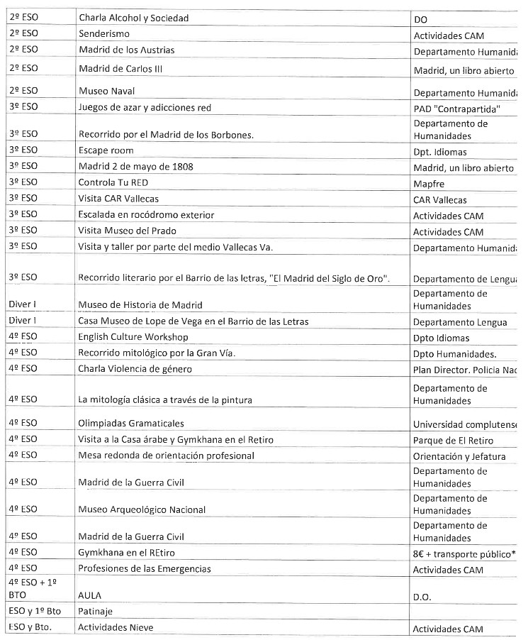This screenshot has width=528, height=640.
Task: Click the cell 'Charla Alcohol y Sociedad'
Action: pos(134,18)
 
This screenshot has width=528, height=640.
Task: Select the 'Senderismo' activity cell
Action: pos(104,34)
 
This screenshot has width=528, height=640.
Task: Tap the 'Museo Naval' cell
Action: pos(106,92)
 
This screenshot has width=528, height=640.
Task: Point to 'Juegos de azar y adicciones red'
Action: pos(145,108)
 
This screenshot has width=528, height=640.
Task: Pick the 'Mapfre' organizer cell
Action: pos(429,182)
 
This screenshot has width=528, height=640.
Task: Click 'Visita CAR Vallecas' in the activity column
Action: pos(118,199)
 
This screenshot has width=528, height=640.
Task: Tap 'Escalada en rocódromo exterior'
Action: pos(147,215)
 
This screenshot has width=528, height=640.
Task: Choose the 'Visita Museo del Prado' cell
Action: pos(128,231)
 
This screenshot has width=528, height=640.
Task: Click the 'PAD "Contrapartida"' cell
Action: pos(457,108)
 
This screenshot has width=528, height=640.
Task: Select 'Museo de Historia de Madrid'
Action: pos(140,305)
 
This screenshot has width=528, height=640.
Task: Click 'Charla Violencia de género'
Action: pos(135,369)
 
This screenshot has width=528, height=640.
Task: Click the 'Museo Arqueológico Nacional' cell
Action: pos(142,509)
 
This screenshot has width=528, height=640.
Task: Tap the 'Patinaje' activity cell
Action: pos(96,611)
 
